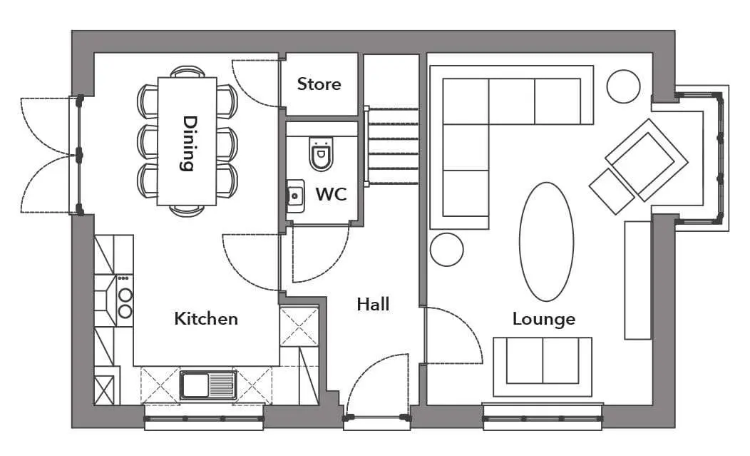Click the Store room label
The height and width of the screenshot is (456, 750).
click(x=319, y=83)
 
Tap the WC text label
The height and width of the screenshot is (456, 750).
click(x=331, y=194)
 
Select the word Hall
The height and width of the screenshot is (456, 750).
click(x=373, y=304)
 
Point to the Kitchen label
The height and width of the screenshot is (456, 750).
click(x=206, y=318)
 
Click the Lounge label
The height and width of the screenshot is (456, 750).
click(x=544, y=320)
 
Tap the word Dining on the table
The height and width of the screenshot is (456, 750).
click(x=190, y=143)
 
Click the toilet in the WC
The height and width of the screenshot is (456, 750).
click(x=321, y=153)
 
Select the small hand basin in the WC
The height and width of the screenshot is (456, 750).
click(x=295, y=196)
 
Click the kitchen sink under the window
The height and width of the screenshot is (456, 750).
click(x=208, y=385)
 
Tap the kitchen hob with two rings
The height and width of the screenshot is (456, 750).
click(x=124, y=300)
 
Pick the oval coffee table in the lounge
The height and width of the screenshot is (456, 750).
click(x=546, y=242)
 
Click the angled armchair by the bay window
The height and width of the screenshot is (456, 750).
click(x=647, y=160)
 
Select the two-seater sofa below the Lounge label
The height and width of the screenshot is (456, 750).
click(x=543, y=366)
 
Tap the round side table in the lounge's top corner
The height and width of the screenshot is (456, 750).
click(x=623, y=86)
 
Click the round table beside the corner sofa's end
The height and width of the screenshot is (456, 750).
click(x=447, y=250)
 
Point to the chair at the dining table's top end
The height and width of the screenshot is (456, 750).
click(x=187, y=72)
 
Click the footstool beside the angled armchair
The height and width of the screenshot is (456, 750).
click(x=612, y=191)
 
